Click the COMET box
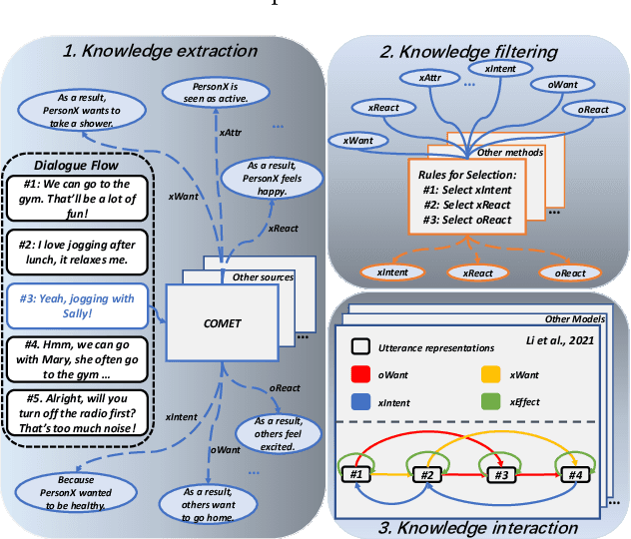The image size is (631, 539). coord(222,321)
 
